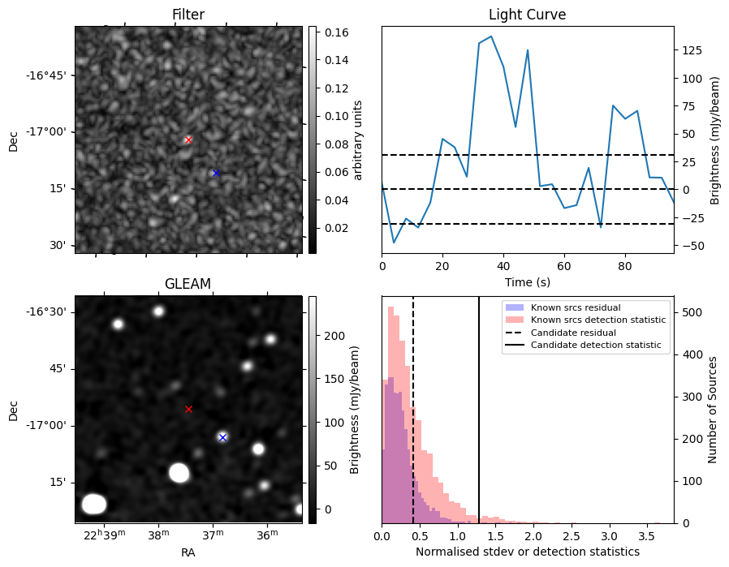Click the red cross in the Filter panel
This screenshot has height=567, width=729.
(188, 140)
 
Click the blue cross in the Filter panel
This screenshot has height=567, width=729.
(216, 174)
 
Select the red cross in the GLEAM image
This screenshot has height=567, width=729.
(188, 409)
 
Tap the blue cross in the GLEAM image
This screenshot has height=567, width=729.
(222, 437)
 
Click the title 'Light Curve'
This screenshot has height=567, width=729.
(527, 15)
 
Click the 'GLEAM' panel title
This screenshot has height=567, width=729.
(188, 284)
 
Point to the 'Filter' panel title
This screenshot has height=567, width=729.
(188, 15)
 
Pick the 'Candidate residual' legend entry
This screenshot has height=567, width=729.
(573, 333)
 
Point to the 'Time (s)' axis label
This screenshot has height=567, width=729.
(527, 282)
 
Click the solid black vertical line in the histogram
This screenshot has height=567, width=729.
(479, 410)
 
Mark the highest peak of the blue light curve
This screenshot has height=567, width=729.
(491, 37)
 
